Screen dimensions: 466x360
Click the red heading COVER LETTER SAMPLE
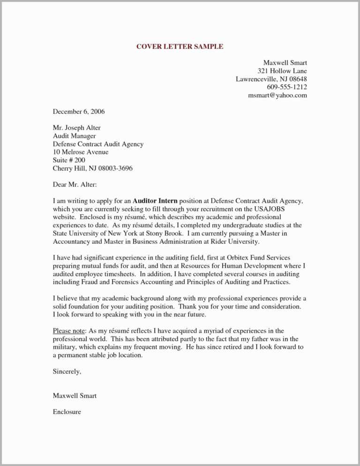coord(180,46)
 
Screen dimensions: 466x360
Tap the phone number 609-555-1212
coord(287,87)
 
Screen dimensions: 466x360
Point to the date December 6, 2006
coord(78,112)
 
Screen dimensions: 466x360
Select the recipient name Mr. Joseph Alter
coord(76,128)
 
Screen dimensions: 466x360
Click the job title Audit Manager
coord(74,136)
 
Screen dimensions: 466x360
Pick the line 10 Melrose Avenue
coord(80,152)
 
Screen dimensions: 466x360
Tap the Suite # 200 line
coord(69,160)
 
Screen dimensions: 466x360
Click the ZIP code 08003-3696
coord(116,168)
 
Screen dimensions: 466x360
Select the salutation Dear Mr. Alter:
coord(75,185)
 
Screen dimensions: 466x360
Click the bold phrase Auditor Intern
coord(155,201)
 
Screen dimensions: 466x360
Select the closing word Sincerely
coord(67,371)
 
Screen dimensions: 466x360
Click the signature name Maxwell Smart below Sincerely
coord(75,396)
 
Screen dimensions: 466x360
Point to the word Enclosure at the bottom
coord(67,412)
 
